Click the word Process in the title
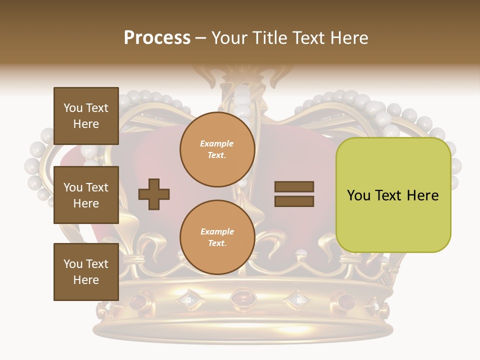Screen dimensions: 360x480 [x=157, y=38]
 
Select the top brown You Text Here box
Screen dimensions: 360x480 [x=86, y=116]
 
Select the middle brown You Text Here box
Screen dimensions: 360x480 [x=86, y=195]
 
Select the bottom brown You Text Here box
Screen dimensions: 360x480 [x=86, y=271]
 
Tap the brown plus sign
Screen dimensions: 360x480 [x=154, y=194]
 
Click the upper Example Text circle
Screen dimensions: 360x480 [x=217, y=149]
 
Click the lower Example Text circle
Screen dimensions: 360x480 [x=217, y=237]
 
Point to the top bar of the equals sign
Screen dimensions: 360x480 [x=294, y=187]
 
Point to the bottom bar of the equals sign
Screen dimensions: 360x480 [x=294, y=201]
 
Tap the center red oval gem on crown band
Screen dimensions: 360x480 [x=243, y=298]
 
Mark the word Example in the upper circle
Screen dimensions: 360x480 [x=216, y=144]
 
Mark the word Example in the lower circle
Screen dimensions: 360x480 [x=217, y=232]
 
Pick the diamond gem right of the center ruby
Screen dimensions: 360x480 [x=297, y=299]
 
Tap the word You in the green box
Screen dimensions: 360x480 [x=359, y=195]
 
